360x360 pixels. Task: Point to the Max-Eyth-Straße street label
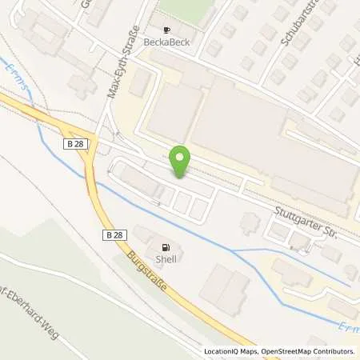click(x=118, y=62)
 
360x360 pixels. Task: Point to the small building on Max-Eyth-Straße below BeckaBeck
click(x=142, y=82)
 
